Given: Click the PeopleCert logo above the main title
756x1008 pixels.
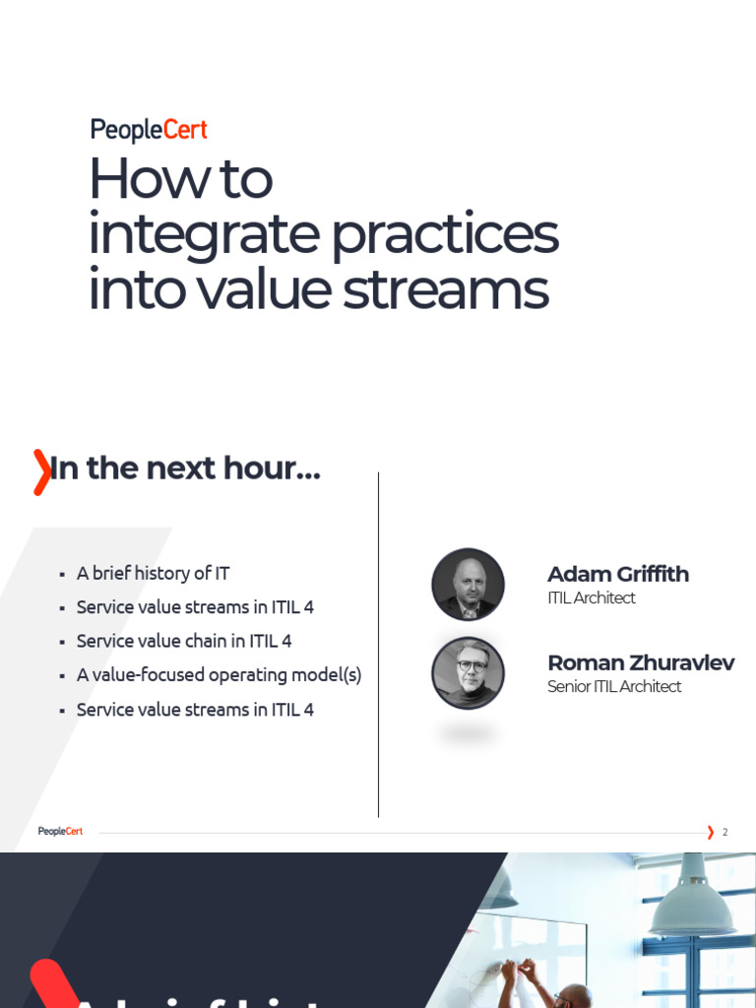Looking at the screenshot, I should tap(148, 130).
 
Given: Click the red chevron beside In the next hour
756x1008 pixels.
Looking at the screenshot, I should tap(41, 472).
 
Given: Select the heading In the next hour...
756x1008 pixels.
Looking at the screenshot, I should tap(185, 469).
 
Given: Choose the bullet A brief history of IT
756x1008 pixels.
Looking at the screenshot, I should tap(153, 573).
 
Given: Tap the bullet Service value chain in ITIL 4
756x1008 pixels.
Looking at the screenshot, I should tap(184, 641).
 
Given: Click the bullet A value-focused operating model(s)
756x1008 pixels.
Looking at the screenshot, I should tap(219, 675).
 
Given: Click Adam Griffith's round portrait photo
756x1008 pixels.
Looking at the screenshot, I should tap(468, 585).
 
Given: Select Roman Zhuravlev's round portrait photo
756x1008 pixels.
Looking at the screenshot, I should tap(468, 673).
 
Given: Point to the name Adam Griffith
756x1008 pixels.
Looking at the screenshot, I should tap(617, 574).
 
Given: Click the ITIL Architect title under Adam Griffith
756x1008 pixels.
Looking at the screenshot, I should tap(591, 598).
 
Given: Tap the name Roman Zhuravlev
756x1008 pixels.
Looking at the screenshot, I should tap(640, 662).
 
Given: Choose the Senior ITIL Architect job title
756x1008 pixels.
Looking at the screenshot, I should tap(613, 686).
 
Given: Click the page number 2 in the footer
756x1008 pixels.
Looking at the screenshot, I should tap(725, 832).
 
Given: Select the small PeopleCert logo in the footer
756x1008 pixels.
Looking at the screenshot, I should tap(60, 832).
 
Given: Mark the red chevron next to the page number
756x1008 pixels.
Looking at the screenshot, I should tap(710, 832).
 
